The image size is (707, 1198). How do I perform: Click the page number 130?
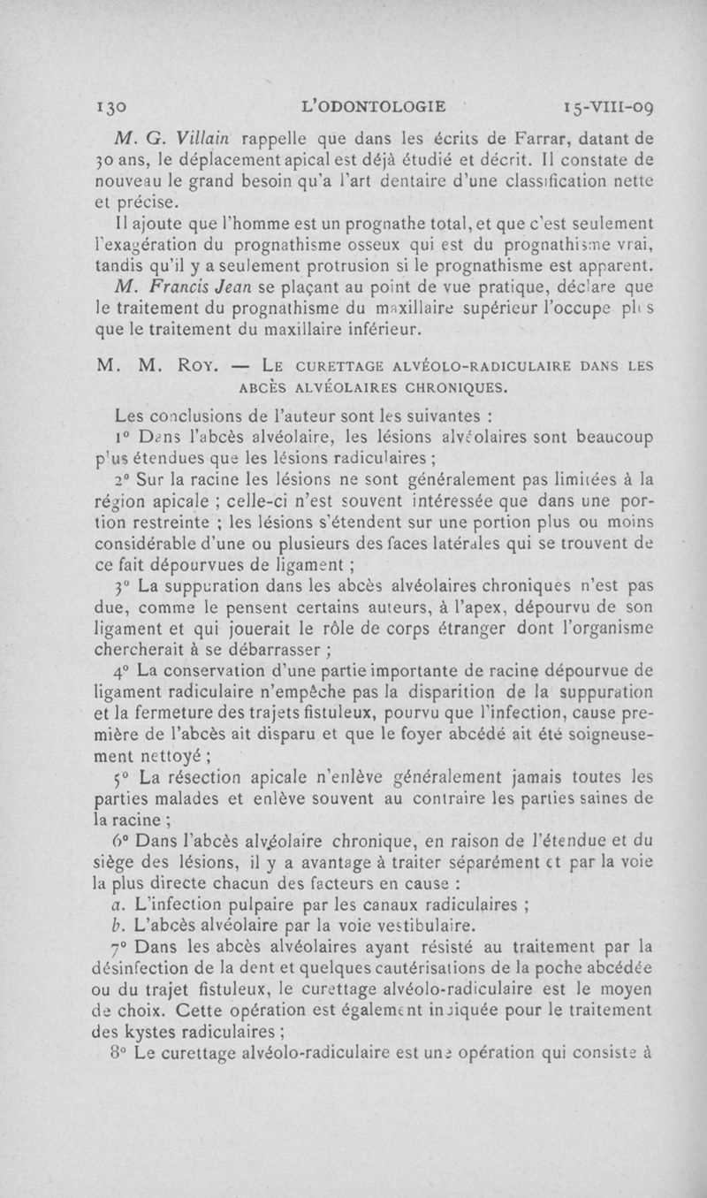pos(112,107)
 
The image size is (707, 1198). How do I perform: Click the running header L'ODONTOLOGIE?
pos(373,107)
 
